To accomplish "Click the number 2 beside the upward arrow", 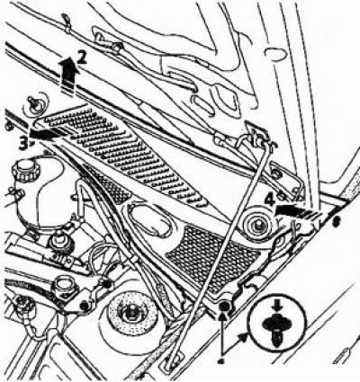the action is point(82,58).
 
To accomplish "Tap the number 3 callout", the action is point(24,144).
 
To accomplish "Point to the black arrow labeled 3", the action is point(47,134).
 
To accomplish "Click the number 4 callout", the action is point(271,200).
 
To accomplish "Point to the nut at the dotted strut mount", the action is point(130,313).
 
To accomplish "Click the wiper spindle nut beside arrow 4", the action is point(258,226).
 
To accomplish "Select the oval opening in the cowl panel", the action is point(150,220).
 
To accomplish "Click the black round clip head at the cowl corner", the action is point(224,306).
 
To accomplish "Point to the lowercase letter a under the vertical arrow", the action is point(222,362).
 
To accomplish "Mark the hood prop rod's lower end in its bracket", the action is point(174,360).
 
